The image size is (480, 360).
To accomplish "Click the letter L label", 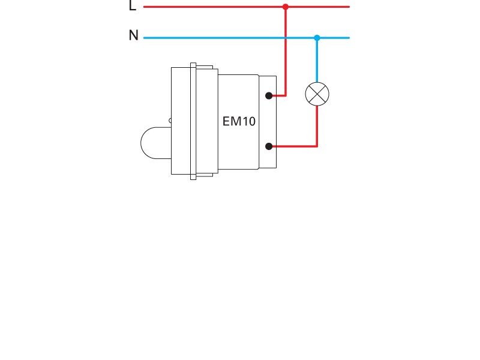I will pyautogui.click(x=133, y=7).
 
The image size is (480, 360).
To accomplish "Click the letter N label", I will pyautogui.click(x=133, y=36).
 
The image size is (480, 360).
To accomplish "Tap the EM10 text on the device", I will pyautogui.click(x=239, y=121).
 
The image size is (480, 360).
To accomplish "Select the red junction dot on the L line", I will pyautogui.click(x=286, y=7).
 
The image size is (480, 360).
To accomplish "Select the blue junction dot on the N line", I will pyautogui.click(x=317, y=38).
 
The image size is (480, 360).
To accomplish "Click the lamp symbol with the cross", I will pyautogui.click(x=317, y=94).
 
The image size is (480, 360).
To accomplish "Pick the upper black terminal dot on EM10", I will pyautogui.click(x=269, y=95).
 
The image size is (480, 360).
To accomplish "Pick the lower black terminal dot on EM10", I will pyautogui.click(x=269, y=146).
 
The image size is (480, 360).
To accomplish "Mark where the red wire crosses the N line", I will pyautogui.click(x=286, y=38).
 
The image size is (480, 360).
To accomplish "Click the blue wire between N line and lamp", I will pyautogui.click(x=317, y=60).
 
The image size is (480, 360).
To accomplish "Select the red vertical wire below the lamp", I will pyautogui.click(x=317, y=126).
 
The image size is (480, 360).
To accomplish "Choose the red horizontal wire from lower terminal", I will pyautogui.click(x=294, y=146).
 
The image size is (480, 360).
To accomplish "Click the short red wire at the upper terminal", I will pyautogui.click(x=278, y=95).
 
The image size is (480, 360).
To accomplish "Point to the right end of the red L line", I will pyautogui.click(x=347, y=7).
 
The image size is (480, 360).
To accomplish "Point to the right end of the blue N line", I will pyautogui.click(x=347, y=38).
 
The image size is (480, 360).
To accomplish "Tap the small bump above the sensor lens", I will pyautogui.click(x=170, y=121).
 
